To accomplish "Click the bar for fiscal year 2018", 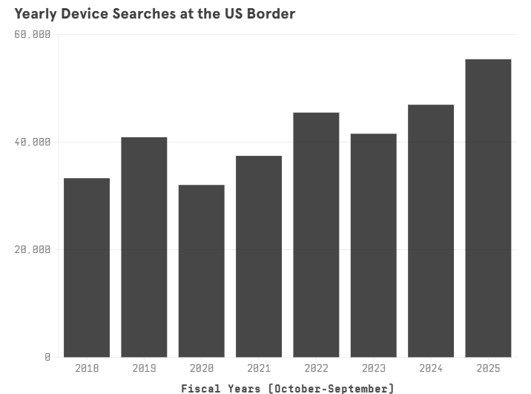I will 87,267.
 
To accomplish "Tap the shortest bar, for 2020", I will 201,271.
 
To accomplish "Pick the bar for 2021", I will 259,256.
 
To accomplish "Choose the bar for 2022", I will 316,234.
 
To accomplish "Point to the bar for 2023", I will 373,245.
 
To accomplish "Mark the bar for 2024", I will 431,231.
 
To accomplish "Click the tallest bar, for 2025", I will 488,208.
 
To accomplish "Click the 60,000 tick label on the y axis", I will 33,35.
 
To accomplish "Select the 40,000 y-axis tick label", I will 33,142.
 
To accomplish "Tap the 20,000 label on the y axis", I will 33,249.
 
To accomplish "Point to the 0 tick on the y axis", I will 47,357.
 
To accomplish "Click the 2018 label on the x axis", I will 87,368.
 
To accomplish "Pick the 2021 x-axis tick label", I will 259,368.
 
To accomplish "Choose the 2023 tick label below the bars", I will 373,368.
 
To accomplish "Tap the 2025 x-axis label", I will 488,368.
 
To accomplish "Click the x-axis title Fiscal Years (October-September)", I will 288,387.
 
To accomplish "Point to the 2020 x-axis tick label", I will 201,368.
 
